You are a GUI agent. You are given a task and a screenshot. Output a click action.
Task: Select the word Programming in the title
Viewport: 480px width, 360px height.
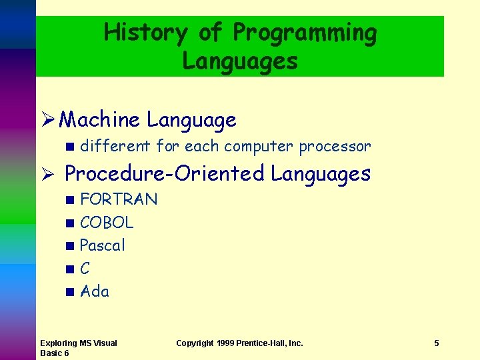305,32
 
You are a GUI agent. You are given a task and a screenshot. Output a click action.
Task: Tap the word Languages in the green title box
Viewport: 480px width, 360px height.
240,61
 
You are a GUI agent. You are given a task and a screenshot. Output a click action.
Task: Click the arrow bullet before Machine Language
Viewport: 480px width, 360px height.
47,120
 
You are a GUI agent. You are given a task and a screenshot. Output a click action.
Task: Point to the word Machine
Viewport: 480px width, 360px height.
99,120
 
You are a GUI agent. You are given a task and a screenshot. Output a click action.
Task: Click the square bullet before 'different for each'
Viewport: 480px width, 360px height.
70,146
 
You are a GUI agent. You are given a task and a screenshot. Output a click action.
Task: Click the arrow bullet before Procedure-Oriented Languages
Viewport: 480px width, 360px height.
47,174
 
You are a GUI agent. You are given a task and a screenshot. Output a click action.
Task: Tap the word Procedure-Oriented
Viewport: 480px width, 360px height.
165,174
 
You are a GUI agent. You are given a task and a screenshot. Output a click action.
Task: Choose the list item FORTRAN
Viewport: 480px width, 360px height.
119,199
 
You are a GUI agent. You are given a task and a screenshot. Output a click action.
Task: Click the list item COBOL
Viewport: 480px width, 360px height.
107,222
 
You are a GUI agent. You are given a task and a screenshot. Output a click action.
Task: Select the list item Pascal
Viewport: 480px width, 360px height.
103,245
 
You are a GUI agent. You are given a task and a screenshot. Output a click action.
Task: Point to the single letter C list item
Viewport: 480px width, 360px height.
85,269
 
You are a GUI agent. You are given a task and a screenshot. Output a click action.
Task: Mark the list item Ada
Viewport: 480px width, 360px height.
95,291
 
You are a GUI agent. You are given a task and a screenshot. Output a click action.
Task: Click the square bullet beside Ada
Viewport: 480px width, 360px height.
70,291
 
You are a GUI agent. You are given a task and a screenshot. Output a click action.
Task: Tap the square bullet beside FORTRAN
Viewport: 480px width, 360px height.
70,199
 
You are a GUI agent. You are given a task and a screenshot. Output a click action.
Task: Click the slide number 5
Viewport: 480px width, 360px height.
437,343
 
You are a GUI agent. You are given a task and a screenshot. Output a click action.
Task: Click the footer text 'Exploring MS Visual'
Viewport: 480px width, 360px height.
78,343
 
